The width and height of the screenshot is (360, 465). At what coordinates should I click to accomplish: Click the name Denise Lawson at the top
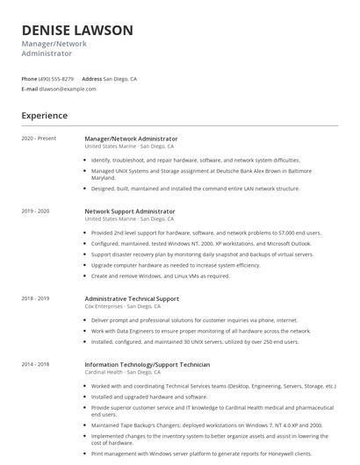[77, 31]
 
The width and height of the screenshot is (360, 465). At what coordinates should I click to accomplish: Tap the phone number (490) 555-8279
[56, 78]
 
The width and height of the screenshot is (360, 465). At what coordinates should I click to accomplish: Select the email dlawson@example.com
[68, 89]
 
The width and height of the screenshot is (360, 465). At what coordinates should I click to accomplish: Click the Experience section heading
[44, 115]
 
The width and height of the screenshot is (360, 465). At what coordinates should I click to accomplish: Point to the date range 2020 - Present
[39, 139]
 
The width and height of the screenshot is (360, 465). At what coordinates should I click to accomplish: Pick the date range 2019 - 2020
[35, 211]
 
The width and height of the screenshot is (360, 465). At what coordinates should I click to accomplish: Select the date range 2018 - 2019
[35, 298]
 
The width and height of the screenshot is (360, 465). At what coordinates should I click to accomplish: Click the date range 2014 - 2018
[35, 363]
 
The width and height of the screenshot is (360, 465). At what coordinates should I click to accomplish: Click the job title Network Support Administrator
[130, 211]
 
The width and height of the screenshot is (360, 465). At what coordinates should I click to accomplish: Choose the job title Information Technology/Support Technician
[148, 363]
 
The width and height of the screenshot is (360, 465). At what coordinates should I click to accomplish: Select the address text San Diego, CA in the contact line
[120, 78]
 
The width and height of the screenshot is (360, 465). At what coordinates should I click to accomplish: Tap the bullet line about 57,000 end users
[205, 232]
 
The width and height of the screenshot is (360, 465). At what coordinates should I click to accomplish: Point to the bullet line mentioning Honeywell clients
[200, 454]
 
